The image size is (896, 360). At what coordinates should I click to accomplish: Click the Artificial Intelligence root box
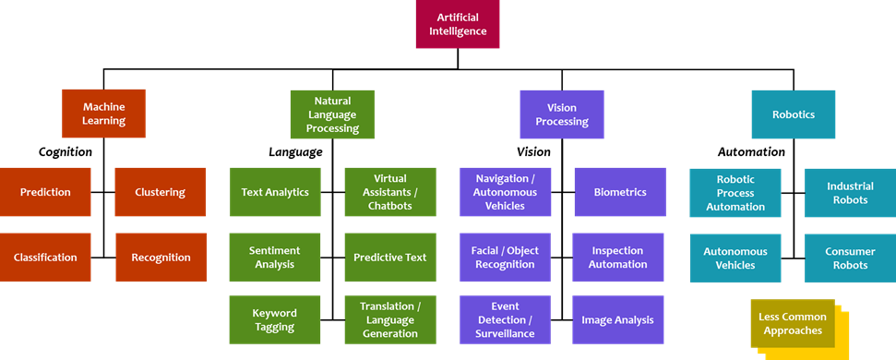457,24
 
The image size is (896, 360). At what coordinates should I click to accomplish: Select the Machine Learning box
103,114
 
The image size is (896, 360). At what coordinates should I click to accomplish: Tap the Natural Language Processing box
332,114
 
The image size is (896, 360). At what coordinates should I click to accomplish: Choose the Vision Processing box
561,114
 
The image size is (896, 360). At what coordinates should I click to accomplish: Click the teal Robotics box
793,114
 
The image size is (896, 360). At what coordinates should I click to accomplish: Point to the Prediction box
45,192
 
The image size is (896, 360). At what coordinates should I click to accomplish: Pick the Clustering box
160,192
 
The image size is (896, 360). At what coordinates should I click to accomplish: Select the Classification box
45,258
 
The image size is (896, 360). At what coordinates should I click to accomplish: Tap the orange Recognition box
161,258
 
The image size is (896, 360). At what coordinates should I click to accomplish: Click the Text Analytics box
275,192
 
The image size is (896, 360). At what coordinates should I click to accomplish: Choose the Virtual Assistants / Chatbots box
389,192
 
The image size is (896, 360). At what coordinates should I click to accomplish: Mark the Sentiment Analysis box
275,258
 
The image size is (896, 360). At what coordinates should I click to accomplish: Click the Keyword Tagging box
275,319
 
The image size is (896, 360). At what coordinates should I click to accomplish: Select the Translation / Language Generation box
389,319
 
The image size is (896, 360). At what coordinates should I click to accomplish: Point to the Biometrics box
619,192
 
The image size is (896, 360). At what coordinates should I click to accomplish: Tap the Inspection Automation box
618,258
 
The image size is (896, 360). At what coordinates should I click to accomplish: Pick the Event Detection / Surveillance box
505,319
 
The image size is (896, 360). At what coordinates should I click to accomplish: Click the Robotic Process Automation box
735,193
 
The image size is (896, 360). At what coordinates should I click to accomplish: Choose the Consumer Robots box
849,258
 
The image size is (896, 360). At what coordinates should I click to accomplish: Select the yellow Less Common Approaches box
792,323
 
